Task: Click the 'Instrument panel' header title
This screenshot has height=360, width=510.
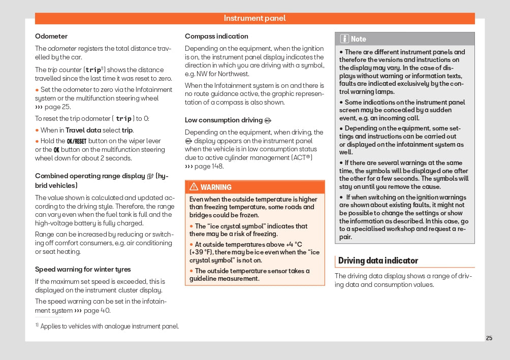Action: click(254, 18)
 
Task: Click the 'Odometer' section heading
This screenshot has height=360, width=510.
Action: click(51, 36)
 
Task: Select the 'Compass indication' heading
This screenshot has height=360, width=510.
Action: click(216, 36)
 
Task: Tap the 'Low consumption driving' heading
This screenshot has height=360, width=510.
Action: click(224, 120)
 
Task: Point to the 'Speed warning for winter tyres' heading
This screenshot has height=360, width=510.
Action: click(83, 269)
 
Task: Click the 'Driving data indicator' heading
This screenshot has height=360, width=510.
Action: click(378, 260)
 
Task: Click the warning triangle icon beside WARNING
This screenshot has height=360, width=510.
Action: click(194, 187)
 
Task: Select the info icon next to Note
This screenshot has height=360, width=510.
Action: click(344, 39)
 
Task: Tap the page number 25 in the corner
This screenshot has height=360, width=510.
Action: click(489, 338)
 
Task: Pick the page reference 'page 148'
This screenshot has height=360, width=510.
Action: click(209, 166)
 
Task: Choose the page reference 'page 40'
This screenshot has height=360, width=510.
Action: click(97, 310)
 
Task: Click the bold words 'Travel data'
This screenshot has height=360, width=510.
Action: click(83, 130)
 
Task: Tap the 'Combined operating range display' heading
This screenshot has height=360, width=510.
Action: click(90, 176)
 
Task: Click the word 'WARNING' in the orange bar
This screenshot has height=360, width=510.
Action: click(216, 187)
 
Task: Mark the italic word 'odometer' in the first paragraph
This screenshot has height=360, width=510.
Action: click(62, 48)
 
